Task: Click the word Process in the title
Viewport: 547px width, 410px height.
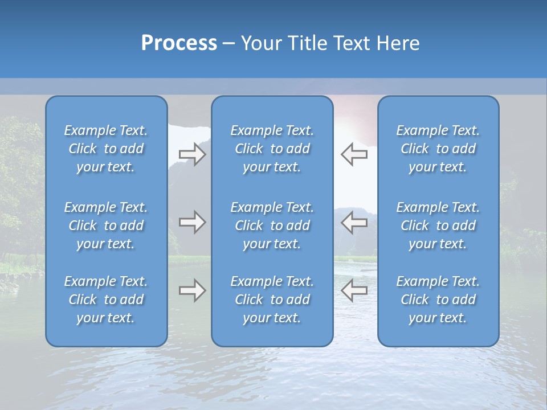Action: tap(179, 43)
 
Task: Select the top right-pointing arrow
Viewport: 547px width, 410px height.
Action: tap(192, 154)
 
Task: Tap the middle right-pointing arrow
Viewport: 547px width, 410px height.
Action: tap(192, 222)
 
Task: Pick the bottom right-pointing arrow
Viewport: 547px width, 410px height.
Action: tap(192, 291)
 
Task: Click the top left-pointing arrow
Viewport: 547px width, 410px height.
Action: tap(354, 154)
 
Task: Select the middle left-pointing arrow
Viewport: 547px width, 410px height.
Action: tap(354, 222)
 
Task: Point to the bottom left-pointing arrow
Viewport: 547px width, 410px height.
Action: tap(354, 291)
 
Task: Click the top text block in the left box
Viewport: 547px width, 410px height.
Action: tap(106, 149)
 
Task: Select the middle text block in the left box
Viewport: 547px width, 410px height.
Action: tap(106, 225)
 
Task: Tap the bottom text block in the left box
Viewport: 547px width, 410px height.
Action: tap(106, 300)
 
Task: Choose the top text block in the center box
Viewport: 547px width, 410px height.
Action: tap(272, 149)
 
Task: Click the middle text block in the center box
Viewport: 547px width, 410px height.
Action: tap(272, 225)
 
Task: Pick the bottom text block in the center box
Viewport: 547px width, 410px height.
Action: tap(272, 300)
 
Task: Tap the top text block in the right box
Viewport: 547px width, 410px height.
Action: tap(438, 149)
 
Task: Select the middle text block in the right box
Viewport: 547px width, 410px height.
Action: tap(438, 225)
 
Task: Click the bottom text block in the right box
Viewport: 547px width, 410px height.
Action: tap(438, 300)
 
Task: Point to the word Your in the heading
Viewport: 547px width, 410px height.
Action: tap(261, 43)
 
